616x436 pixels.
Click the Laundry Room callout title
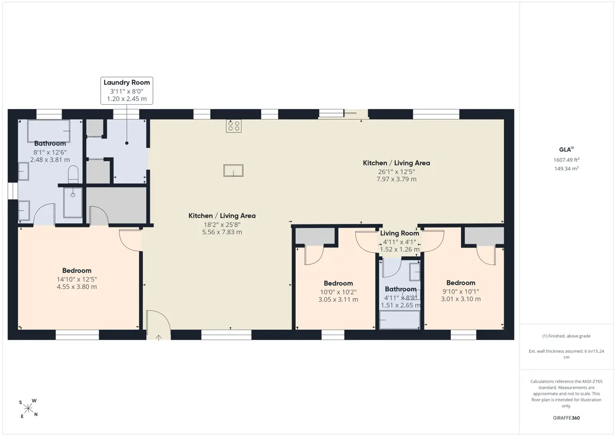(x=127, y=83)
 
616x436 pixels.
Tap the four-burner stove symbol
(x=234, y=126)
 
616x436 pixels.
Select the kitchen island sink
(x=233, y=170)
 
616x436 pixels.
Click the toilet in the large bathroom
(x=73, y=174)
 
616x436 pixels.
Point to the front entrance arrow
(x=159, y=337)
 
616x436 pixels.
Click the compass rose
(x=28, y=408)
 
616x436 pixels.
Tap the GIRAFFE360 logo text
(x=566, y=418)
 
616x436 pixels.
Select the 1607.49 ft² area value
(x=567, y=160)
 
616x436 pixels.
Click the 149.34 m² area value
(x=567, y=168)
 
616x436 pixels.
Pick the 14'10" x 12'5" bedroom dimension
(x=76, y=279)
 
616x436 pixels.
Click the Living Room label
(x=399, y=233)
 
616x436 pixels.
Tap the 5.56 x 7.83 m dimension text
(x=222, y=232)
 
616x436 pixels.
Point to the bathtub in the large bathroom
(x=49, y=131)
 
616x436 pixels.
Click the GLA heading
(x=566, y=149)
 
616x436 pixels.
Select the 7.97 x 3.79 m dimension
(x=396, y=179)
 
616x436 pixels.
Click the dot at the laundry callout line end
(x=127, y=143)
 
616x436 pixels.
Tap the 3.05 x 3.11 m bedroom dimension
(x=338, y=299)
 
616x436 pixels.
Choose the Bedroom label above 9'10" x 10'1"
(x=461, y=283)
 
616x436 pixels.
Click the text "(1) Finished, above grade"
(x=566, y=336)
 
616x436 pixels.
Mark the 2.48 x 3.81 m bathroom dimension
(x=50, y=160)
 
